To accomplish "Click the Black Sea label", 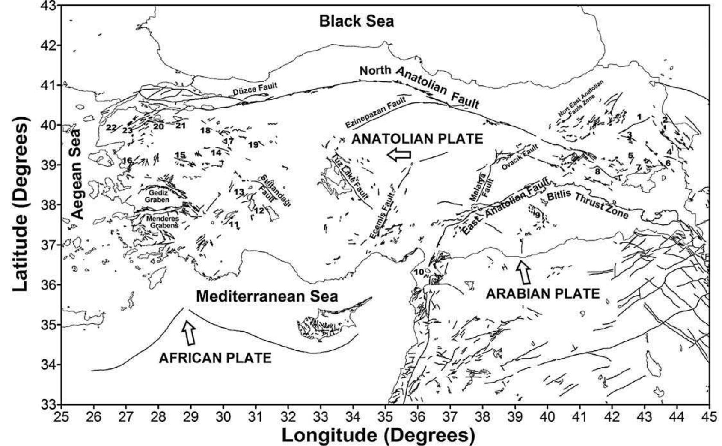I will (357, 21).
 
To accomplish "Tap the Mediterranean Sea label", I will (267, 296).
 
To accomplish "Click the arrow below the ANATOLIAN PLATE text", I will (398, 155).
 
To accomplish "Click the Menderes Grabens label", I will (162, 222).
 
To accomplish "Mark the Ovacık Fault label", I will (519, 158).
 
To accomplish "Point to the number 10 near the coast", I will (419, 272).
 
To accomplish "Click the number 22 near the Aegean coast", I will (111, 128).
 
